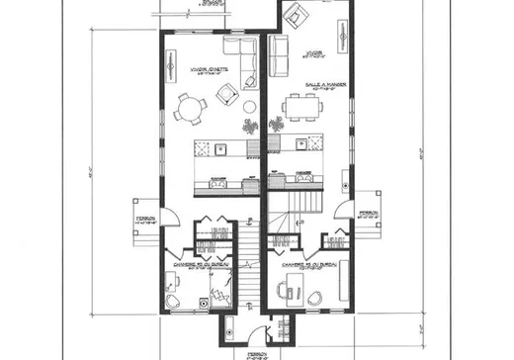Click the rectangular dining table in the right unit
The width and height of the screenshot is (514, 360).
pos(302,106)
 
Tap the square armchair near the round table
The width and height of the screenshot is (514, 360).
pos(226,95)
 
